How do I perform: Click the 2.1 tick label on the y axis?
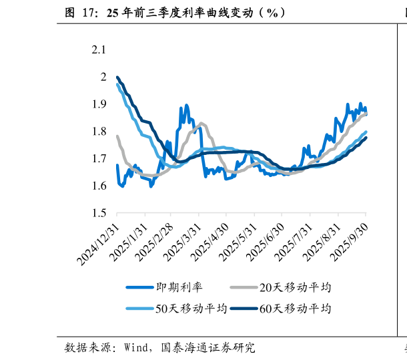(x=99, y=50)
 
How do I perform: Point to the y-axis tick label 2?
(x=103, y=77)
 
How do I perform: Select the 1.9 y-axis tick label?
(x=99, y=104)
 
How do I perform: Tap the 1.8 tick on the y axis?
(x=99, y=132)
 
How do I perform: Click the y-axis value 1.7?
(x=99, y=159)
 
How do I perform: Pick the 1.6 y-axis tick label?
(x=99, y=186)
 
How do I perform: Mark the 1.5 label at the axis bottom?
(x=99, y=213)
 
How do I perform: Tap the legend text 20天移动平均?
(x=295, y=288)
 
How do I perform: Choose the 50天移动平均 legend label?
(x=191, y=309)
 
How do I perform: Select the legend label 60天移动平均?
(x=295, y=309)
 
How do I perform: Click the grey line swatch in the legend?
(x=244, y=288)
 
